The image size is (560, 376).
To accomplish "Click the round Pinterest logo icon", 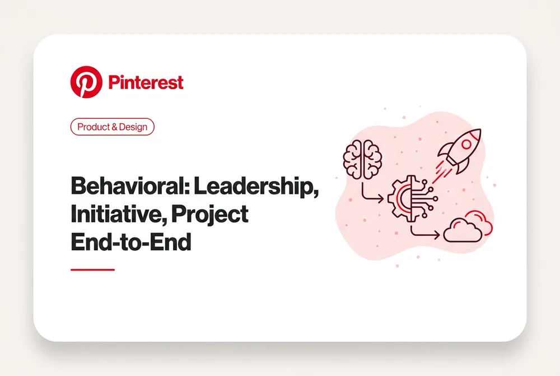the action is [x=86, y=82].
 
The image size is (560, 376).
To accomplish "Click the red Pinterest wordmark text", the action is [x=146, y=82].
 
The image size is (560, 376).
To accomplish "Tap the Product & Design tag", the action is [x=112, y=127].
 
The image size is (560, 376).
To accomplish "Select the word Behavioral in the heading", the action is [x=130, y=186].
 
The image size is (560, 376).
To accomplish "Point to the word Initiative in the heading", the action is [x=119, y=213].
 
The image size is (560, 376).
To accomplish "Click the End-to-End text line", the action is [x=131, y=242].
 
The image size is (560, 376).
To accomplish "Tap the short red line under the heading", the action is [x=92, y=270].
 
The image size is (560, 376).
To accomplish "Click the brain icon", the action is [x=362, y=159].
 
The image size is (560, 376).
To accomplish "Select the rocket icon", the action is [x=460, y=151].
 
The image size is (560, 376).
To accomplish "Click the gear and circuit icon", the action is [x=412, y=198].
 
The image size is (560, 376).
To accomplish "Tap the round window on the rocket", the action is [x=466, y=145].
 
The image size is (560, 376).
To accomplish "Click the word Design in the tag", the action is [x=133, y=127].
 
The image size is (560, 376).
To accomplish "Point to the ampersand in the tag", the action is [x=114, y=127].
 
